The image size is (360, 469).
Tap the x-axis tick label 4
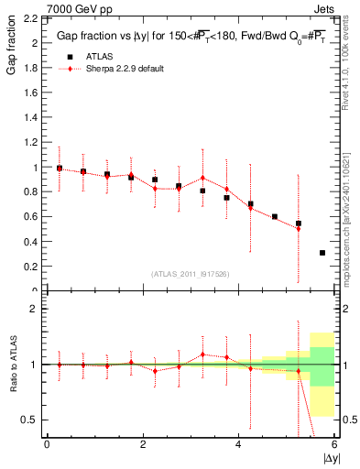click(239, 444)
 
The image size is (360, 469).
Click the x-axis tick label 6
click(334, 444)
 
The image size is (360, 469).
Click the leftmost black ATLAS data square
click(60, 169)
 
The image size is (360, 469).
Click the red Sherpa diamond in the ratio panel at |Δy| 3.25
click(202, 354)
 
